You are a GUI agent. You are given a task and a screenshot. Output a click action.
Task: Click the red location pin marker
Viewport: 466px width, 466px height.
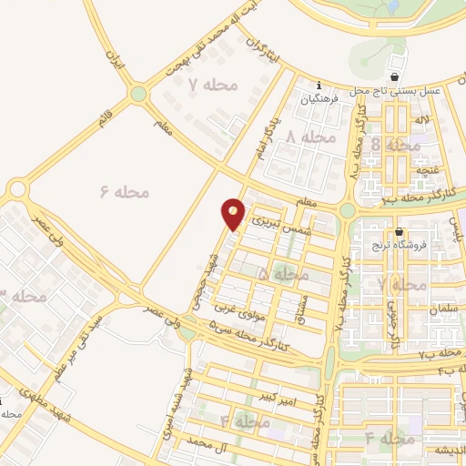pyautogui.click(x=233, y=213)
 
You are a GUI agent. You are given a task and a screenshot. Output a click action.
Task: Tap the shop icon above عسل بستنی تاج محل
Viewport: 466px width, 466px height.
pyautogui.click(x=394, y=77)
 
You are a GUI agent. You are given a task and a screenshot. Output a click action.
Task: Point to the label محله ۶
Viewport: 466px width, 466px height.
pyautogui.click(x=124, y=192)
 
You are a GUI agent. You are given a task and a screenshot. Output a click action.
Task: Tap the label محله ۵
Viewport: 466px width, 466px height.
pyautogui.click(x=282, y=273)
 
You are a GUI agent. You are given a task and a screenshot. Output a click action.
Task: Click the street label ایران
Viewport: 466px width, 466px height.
pyautogui.click(x=114, y=60)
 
